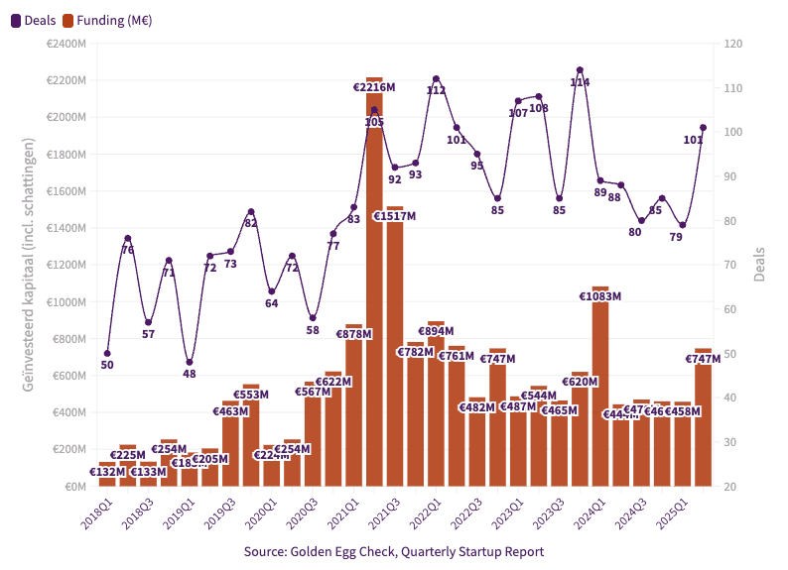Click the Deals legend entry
tap(34, 20)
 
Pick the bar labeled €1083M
tap(600, 387)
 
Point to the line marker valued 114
tap(580, 70)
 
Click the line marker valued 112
tap(436, 78)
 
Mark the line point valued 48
tap(190, 362)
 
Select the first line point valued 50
tap(107, 353)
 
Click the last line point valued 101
tap(703, 127)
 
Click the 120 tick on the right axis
tap(733, 44)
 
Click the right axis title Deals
tap(759, 265)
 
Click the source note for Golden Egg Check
tap(393, 551)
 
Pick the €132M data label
tap(107, 472)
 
